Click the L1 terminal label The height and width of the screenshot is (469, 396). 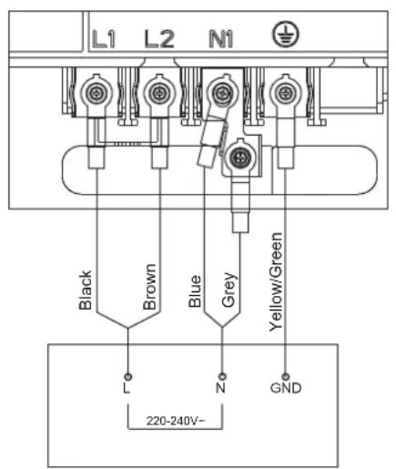(x=104, y=39)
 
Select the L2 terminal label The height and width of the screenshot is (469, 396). (x=159, y=39)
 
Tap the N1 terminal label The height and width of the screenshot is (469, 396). (x=221, y=39)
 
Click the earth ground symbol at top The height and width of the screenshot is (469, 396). (x=285, y=34)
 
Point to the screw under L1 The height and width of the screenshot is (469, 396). (x=96, y=93)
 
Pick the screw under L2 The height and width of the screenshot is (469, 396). (x=159, y=93)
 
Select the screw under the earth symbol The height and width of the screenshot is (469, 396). (x=285, y=93)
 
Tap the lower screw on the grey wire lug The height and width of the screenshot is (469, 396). (x=240, y=158)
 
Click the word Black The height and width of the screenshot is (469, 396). (x=86, y=290)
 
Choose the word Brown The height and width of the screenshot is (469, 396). (x=149, y=287)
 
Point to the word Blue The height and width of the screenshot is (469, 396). (x=195, y=291)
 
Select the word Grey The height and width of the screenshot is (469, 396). (x=228, y=290)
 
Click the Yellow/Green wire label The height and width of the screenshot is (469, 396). (x=276, y=281)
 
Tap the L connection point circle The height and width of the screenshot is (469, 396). (x=128, y=377)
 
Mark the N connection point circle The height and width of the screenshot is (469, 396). (x=222, y=377)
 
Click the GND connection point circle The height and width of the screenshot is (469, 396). (x=285, y=377)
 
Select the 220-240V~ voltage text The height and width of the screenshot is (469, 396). (x=176, y=421)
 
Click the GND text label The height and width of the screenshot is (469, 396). (x=286, y=388)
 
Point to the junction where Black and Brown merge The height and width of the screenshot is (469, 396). (x=127, y=328)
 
